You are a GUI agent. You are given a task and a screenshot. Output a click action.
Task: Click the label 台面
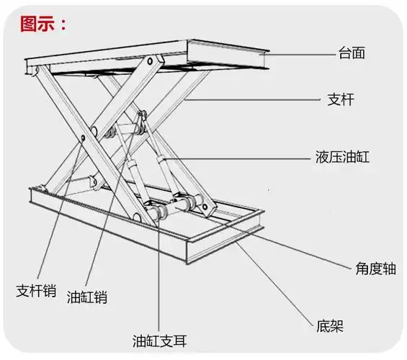[352, 53]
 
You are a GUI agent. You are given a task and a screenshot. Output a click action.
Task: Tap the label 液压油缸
[342, 156]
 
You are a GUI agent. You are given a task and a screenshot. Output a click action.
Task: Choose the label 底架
[330, 326]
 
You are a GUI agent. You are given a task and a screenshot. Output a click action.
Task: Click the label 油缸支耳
[160, 340]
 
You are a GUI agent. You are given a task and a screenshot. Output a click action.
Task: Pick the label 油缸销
[87, 296]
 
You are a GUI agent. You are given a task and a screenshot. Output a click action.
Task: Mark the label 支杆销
[36, 290]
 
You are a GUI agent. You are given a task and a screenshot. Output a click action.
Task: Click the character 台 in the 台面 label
[344, 53]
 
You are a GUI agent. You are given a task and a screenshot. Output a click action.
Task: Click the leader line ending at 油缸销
[97, 216]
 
